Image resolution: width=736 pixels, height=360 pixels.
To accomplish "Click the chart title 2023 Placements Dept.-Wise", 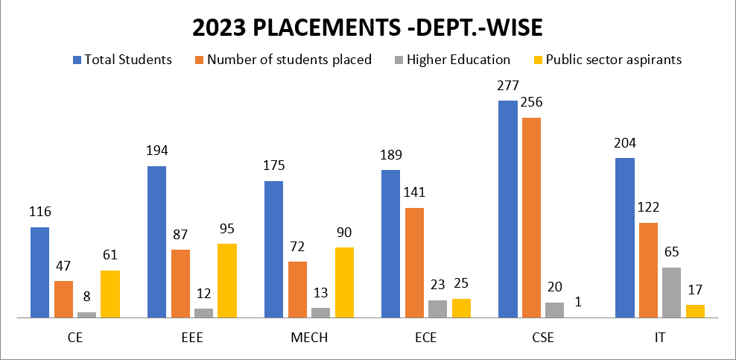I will pos(367,28).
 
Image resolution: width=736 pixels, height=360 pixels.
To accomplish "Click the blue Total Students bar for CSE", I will pos(508,209).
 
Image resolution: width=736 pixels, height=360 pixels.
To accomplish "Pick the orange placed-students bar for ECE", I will pos(414,262).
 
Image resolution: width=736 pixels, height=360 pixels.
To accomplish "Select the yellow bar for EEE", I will pos(227,280).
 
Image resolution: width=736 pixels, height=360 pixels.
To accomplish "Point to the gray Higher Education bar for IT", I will pos(671,292).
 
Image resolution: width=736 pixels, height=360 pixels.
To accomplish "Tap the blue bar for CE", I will pos(40,272).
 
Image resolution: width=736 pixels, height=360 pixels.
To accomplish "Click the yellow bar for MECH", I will pos(344,282).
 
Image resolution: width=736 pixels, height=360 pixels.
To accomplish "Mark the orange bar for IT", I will pos(648,270).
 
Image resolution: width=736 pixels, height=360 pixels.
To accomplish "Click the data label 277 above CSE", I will pos(508,86).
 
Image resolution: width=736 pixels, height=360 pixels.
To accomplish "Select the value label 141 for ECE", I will pos(414,193).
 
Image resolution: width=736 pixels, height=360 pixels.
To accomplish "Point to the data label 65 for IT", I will pos(671,252).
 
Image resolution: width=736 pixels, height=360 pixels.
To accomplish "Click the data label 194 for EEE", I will pos(157,151).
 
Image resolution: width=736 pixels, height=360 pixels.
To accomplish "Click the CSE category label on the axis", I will pos(542,338).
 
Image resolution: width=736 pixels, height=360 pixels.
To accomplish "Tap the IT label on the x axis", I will pos(659,338).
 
